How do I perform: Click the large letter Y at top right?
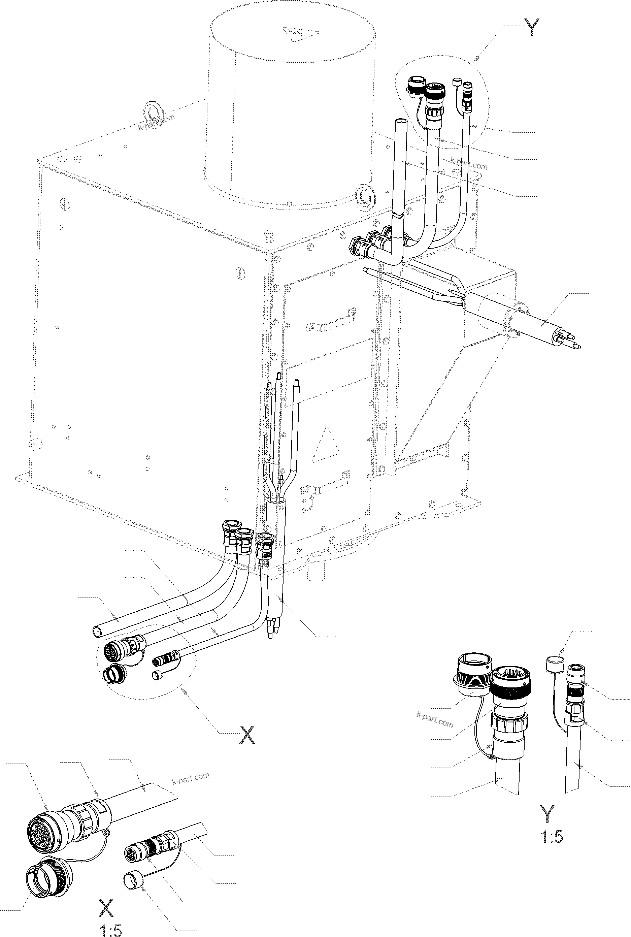(532, 28)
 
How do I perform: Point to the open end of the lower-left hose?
(98, 631)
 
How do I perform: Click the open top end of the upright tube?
(400, 122)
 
